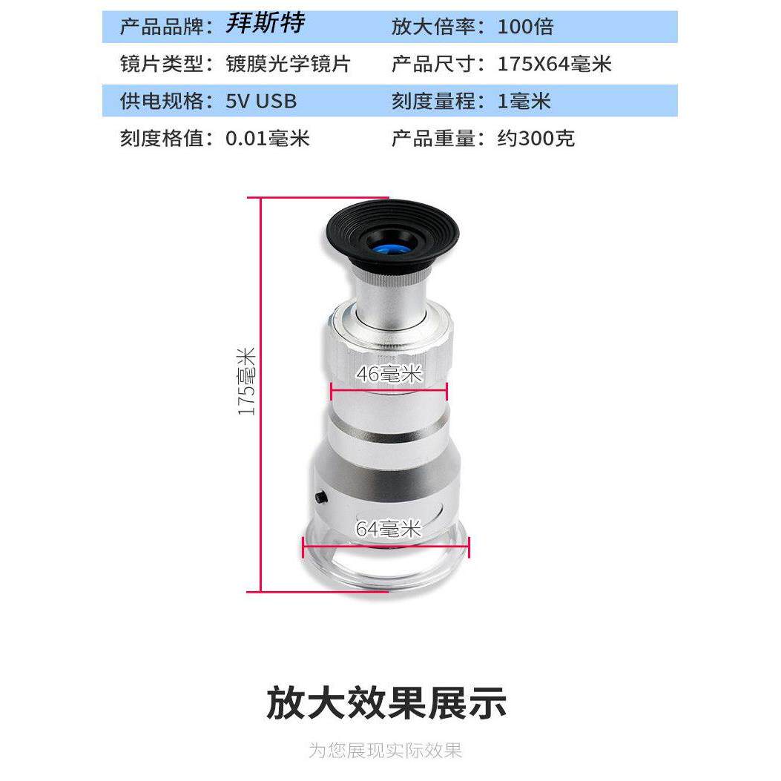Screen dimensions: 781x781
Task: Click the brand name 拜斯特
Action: coord(265,23)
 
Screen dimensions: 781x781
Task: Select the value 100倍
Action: coord(525,27)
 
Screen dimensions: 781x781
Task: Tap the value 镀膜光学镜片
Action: coord(289,64)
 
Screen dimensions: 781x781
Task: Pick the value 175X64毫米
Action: coord(554,64)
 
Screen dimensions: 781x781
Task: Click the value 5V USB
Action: coord(261,101)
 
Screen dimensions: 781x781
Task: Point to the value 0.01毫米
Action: coord(268,138)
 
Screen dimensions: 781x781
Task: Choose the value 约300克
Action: coord(536,138)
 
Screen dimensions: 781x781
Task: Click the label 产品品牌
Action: coord(162,27)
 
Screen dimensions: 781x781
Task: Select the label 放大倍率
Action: coord(432,27)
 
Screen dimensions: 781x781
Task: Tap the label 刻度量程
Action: coord(432,101)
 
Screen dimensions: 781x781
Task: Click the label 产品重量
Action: coord(432,138)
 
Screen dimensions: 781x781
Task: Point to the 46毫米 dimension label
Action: coord(389,374)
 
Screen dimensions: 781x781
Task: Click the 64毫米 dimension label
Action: coord(389,529)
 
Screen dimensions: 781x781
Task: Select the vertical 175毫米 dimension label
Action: coord(246,381)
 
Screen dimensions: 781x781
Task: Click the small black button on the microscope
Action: coord(320,497)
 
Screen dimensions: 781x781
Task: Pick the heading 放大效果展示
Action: coord(386,703)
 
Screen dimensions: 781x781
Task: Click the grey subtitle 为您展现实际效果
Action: coord(386,750)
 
